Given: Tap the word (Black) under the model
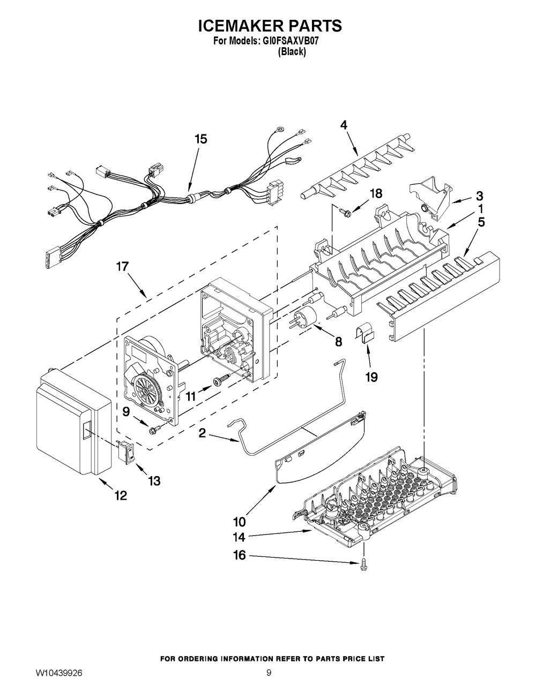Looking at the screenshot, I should click(292, 52).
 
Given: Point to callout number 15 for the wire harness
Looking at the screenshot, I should click(200, 139).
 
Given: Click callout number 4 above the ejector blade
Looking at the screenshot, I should click(344, 125).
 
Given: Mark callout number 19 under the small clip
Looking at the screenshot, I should click(371, 377).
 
